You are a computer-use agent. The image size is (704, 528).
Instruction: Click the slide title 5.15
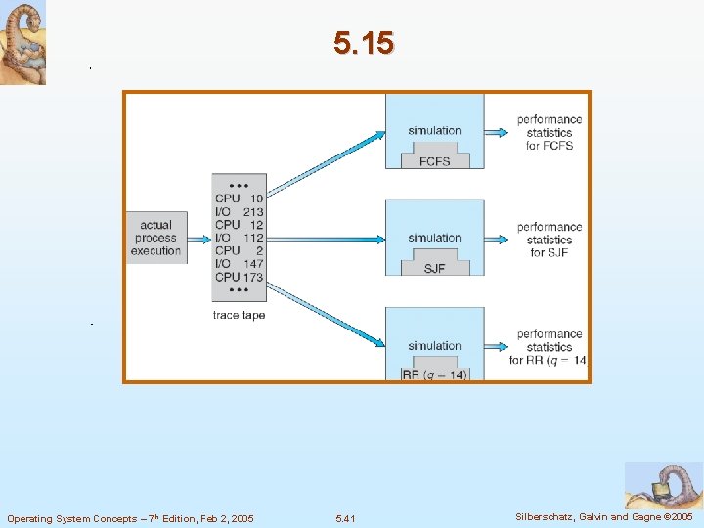(x=363, y=44)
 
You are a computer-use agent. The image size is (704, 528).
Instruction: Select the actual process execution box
(x=156, y=238)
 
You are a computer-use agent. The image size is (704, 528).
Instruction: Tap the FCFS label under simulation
(x=434, y=161)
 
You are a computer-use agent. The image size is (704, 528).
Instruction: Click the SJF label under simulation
(x=434, y=268)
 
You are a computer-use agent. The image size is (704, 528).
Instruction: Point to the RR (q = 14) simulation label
(x=435, y=374)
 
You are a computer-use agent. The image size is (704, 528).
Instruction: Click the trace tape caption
(x=239, y=315)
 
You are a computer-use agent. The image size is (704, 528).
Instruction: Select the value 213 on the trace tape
(x=252, y=211)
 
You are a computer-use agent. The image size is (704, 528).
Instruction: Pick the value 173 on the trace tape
(x=252, y=277)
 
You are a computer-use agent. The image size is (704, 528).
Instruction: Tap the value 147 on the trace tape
(x=252, y=264)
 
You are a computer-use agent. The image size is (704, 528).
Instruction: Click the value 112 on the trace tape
(x=252, y=238)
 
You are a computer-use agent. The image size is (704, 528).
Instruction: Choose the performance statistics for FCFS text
(x=550, y=132)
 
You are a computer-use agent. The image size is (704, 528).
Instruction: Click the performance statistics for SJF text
(x=550, y=240)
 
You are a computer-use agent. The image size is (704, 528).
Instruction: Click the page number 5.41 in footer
(x=345, y=518)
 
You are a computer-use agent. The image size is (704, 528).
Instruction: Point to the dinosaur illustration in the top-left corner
(x=22, y=43)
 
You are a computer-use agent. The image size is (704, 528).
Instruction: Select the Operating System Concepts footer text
(x=130, y=518)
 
